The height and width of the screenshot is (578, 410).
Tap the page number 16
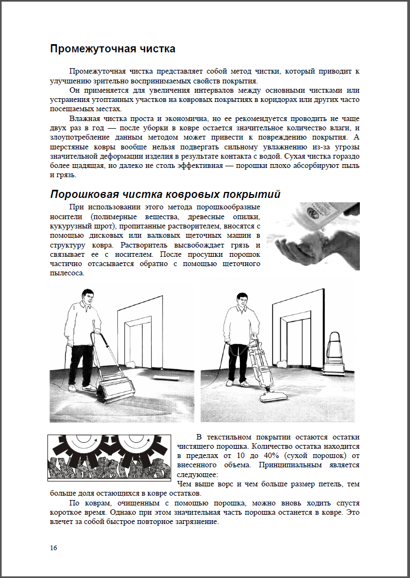click(53, 547)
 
